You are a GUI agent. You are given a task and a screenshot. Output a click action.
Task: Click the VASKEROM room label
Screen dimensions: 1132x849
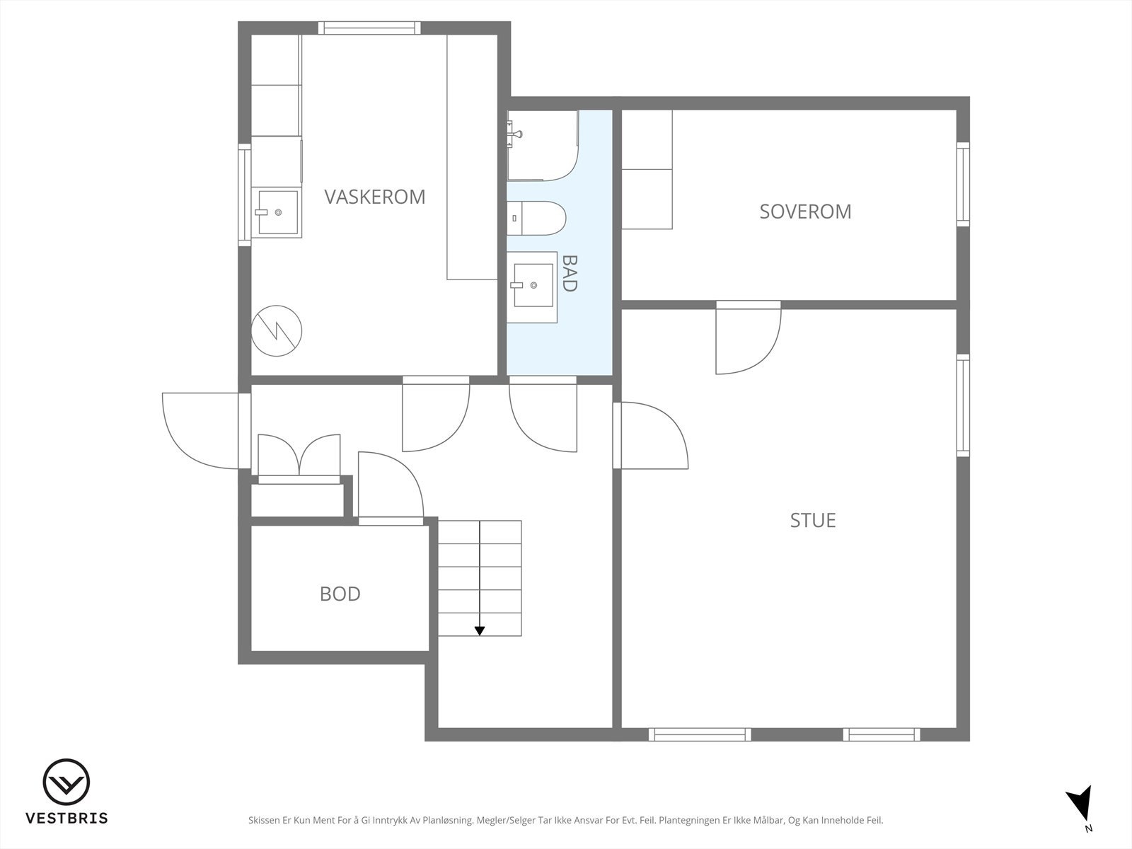[375, 197]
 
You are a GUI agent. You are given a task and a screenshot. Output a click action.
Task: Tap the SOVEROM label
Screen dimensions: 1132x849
[805, 212]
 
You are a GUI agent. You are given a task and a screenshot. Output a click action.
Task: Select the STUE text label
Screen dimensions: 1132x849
[813, 521]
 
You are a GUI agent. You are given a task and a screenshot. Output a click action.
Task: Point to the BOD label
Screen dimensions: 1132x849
[340, 594]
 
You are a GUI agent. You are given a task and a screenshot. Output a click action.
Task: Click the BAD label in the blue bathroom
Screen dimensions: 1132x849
[569, 273]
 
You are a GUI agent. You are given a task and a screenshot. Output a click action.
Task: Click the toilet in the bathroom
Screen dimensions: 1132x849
[536, 218]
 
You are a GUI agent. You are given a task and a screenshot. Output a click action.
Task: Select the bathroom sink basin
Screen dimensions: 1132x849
[532, 287]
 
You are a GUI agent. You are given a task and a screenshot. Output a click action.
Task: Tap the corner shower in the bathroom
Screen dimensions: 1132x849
[543, 145]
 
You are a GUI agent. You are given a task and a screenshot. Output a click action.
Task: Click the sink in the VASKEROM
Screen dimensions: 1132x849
[277, 212]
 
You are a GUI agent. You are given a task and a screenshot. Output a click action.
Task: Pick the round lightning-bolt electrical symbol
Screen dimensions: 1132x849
[277, 330]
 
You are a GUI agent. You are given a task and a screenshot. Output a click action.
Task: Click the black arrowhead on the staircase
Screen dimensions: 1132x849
[480, 630]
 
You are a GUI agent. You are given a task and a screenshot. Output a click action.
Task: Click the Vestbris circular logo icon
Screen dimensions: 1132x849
[67, 782]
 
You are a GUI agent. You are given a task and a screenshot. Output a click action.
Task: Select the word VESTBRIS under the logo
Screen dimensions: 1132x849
[67, 818]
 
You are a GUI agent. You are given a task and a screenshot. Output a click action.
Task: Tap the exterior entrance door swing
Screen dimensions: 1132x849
[201, 431]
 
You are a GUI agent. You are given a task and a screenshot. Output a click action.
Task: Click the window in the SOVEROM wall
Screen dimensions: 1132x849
[964, 184]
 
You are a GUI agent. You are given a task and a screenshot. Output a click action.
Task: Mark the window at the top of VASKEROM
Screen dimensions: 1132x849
[369, 28]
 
